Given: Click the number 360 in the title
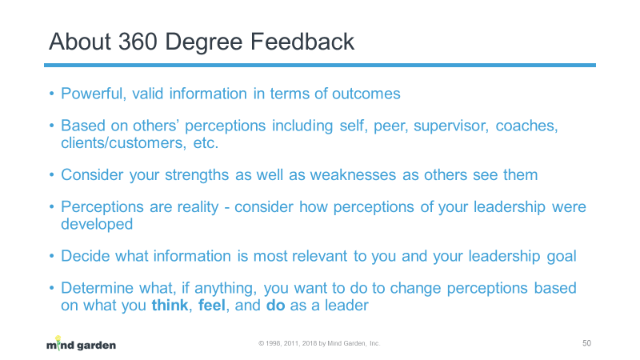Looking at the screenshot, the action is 138,42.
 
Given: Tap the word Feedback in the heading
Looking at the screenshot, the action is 302,42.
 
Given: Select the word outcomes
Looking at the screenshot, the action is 366,94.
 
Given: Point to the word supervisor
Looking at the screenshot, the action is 451,126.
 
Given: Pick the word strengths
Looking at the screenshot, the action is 197,175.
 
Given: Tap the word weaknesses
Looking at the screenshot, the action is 353,175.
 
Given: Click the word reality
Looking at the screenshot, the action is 198,207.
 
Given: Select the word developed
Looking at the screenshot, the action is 97,224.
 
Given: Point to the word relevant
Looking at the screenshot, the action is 319,256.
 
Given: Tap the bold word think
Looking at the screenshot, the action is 170,306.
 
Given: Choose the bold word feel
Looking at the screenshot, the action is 211,306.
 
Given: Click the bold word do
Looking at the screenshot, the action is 275,306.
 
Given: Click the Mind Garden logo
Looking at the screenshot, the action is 81,344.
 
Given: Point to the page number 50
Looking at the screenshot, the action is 586,343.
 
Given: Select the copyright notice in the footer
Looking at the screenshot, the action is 319,344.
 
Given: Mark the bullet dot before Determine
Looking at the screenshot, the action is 51,288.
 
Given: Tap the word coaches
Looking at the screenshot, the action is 526,126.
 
